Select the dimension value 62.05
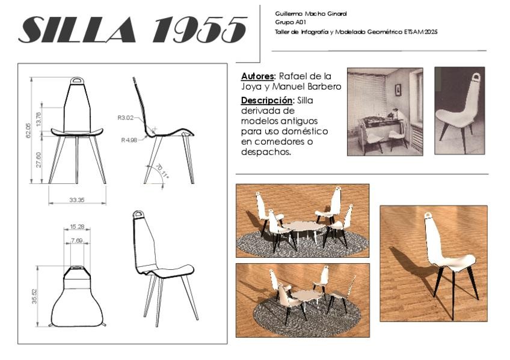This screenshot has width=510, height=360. pyautogui.click(x=28, y=130)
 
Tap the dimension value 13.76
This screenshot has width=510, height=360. pyautogui.click(x=39, y=118)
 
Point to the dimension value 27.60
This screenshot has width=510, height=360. pyautogui.click(x=39, y=159)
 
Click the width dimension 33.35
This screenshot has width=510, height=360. pyautogui.click(x=77, y=200)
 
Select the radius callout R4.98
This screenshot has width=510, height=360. pyautogui.click(x=129, y=140)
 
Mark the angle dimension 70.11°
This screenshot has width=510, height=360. pyautogui.click(x=162, y=171)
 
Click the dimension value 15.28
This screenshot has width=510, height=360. pyautogui.click(x=77, y=227)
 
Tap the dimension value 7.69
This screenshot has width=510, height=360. pyautogui.click(x=77, y=240)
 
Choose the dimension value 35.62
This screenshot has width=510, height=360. pyautogui.click(x=34, y=296)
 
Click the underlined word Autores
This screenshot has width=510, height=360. pyautogui.click(x=258, y=77)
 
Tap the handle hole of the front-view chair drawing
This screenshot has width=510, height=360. pyautogui.click(x=78, y=80)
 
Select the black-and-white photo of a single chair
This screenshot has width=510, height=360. pyautogui.click(x=459, y=111)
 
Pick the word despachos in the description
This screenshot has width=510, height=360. pyautogui.click(x=265, y=152)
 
